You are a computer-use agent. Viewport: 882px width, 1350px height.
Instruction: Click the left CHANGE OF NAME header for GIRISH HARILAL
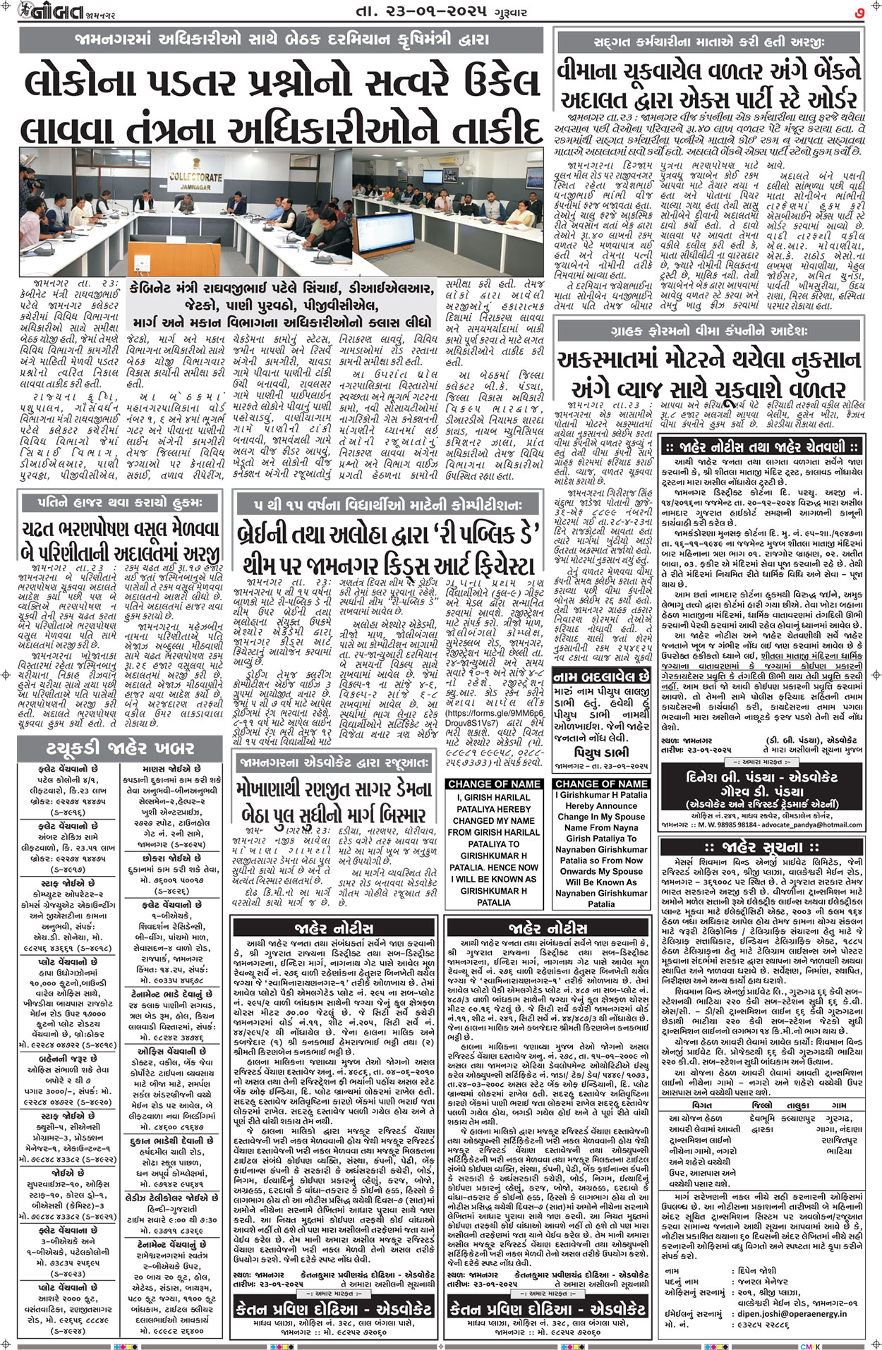click(493, 784)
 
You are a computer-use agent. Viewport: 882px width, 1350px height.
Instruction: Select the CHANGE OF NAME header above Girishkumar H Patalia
click(601, 784)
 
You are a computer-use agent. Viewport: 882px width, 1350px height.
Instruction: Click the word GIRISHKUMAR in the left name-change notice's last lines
click(493, 891)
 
